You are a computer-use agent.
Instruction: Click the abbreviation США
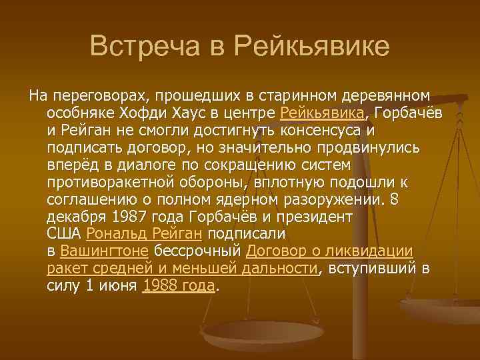click(65, 234)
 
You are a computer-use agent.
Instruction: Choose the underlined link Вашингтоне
click(105, 251)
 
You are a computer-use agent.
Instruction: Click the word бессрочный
click(198, 251)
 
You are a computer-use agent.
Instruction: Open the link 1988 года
click(179, 286)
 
